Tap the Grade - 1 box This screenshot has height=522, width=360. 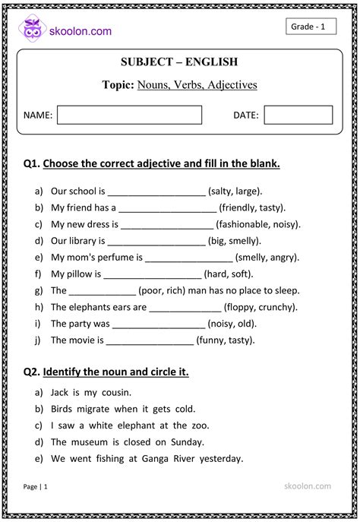tap(310, 27)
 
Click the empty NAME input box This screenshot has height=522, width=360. tap(129, 115)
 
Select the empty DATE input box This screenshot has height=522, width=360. tap(298, 115)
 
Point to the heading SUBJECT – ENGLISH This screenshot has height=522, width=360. tap(179, 62)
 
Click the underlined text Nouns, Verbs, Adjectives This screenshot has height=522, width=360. tap(197, 84)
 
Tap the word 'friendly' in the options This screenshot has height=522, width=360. tap(239, 207)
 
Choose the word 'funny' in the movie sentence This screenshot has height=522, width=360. tap(213, 340)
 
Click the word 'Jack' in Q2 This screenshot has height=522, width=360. tap(60, 393)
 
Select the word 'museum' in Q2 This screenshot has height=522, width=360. tap(92, 442)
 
